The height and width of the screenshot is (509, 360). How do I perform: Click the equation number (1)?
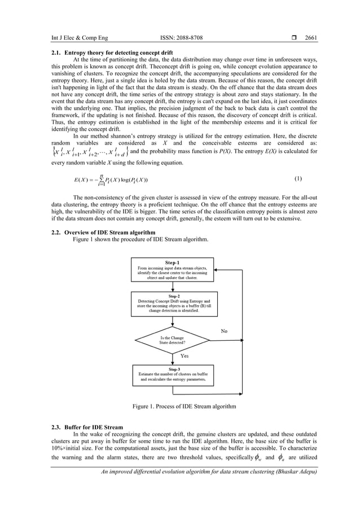298,179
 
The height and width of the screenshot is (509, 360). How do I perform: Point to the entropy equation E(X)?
107,179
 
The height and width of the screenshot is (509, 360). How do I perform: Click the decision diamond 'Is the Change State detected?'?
173,340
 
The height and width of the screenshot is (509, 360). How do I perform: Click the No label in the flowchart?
224,331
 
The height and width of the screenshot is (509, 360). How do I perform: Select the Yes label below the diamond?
184,356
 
